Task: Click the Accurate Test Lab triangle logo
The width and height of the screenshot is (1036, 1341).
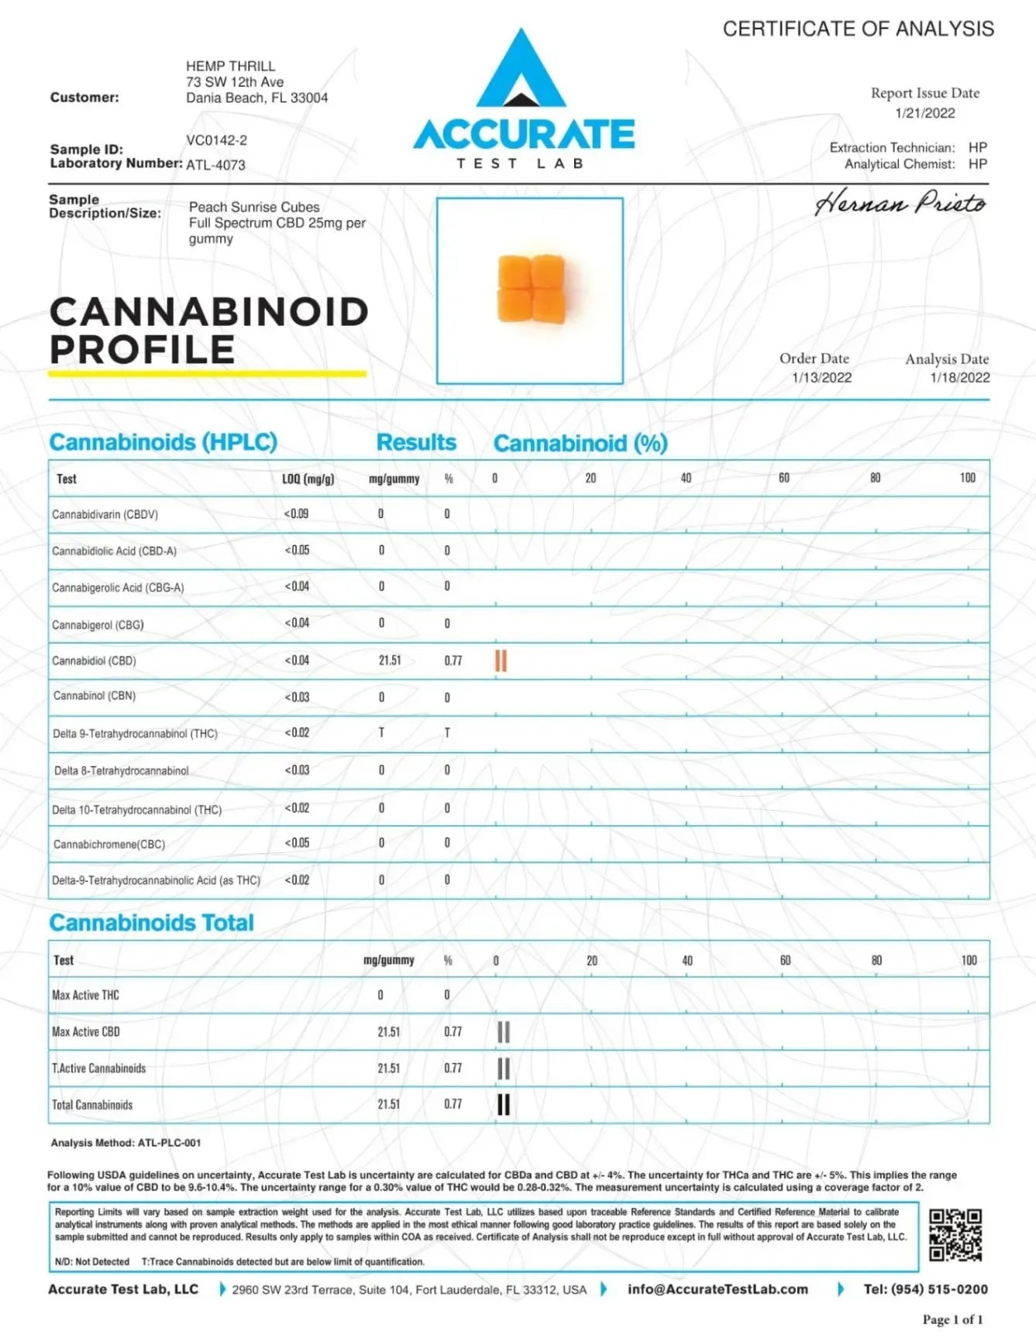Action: pos(521,70)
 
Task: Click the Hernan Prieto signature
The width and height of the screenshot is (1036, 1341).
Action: pos(900,204)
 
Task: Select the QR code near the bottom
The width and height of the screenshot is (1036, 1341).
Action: pos(955,1235)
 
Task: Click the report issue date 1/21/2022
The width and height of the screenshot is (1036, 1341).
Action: pos(925,113)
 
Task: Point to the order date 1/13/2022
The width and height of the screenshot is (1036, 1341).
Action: pos(821,378)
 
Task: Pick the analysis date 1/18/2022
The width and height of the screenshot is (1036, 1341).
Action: pos(960,378)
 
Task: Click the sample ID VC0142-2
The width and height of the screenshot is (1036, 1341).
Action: pos(216,140)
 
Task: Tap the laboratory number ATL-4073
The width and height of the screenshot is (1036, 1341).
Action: pos(215,165)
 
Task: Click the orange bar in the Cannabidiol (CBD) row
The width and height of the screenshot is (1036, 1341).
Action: pos(501,660)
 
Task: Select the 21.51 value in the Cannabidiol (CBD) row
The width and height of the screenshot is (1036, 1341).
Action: pos(390,660)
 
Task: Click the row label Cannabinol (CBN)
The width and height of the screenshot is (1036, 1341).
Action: pos(95,696)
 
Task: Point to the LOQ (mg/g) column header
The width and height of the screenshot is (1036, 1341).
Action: pos(308,479)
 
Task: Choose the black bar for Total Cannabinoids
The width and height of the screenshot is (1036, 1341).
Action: pos(504,1105)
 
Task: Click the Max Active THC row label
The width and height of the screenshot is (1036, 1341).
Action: pos(85,995)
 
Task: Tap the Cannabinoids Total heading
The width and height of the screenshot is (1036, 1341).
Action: pos(152,923)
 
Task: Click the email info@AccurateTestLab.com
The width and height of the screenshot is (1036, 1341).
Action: pos(718,1289)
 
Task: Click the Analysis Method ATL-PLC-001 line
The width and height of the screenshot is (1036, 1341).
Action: pos(126,1143)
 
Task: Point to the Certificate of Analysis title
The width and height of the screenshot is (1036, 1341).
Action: pos(858,29)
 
